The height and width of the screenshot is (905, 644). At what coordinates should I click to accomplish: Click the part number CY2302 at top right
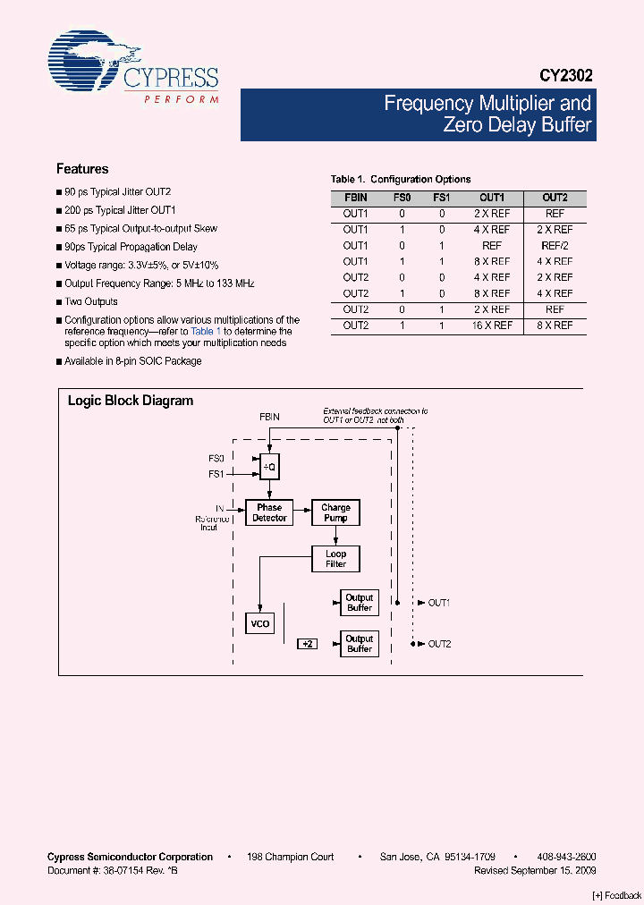565,77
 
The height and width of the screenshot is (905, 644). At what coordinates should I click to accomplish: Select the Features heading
82,169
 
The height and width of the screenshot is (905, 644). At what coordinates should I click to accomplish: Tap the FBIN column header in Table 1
355,198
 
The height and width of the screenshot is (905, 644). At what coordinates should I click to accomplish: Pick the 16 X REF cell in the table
492,326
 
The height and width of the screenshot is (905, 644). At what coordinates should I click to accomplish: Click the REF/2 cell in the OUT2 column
555,245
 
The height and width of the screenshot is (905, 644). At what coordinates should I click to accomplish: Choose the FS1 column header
442,198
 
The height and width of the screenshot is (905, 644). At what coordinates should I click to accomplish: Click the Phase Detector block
269,512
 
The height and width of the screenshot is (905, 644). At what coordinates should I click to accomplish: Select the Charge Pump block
335,512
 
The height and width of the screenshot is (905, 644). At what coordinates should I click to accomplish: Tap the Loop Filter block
335,559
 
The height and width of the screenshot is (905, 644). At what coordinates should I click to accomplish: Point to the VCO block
258,623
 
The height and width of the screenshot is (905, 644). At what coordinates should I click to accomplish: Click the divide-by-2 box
308,644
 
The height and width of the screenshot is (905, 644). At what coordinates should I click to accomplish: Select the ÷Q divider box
268,466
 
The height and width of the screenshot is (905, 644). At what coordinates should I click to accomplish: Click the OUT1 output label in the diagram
438,603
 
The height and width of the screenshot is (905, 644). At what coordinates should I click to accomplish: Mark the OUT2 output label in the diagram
438,644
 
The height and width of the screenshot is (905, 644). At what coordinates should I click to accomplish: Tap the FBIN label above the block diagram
269,418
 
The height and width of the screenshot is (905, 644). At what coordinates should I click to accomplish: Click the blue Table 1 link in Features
206,331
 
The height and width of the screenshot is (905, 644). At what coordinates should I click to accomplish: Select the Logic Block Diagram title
131,401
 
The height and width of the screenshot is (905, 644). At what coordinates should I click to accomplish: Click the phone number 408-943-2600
568,857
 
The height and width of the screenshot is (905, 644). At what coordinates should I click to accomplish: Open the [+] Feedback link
617,895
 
